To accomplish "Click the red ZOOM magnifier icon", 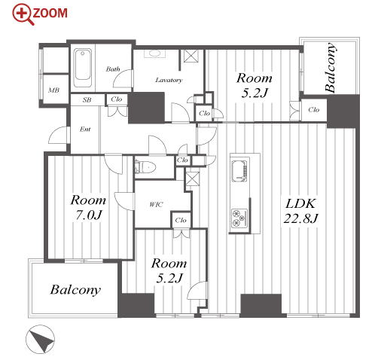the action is tap(23, 14).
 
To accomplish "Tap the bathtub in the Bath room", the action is tap(83, 68).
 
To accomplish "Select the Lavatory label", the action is tap(169, 80).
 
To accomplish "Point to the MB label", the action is tap(54, 90).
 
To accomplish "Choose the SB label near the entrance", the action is tap(87, 99).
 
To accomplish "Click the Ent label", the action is tap(85, 129).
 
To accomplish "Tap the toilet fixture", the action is tap(145, 167).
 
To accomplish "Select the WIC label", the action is tap(156, 204).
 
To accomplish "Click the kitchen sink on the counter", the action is tap(239, 171).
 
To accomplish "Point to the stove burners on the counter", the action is tap(239, 218).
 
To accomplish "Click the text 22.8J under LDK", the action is tap(300, 218).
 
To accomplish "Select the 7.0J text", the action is tap(89, 215).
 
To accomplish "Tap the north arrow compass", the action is tap(40, 339).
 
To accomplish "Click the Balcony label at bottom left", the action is tap(75, 290).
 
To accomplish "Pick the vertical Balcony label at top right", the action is tap(330, 68).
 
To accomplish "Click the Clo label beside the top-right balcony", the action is tap(314, 110).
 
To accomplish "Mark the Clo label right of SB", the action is tap(117, 99).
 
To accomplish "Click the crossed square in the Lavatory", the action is tap(191, 56).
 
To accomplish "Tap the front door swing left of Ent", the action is tap(58, 136).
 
